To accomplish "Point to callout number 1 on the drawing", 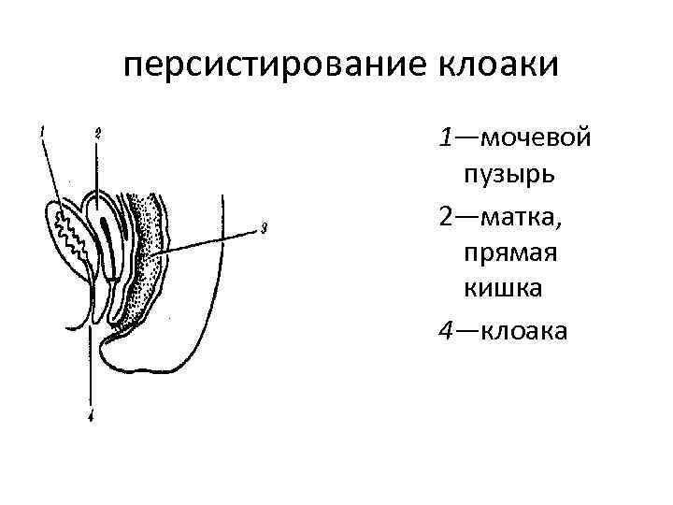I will pos(41,132).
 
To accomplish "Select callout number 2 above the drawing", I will pos(98,133).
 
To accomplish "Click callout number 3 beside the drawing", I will pos(265,227).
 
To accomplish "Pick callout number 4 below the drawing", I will pos(91,418).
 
